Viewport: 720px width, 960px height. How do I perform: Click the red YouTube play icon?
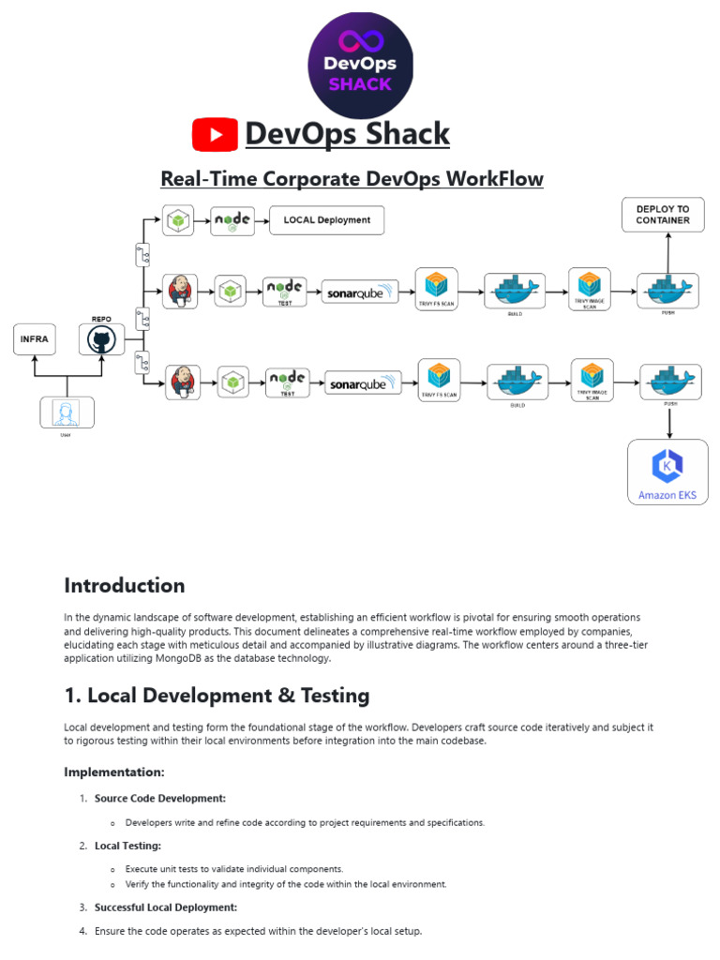pos(215,135)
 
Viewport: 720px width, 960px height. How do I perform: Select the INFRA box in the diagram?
pos(34,339)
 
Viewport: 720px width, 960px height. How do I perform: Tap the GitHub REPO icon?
pos(101,339)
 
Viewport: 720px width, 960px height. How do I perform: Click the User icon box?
pos(67,412)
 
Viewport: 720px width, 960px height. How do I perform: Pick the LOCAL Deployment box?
pos(326,220)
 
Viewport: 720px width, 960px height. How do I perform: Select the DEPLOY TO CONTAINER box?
pos(662,215)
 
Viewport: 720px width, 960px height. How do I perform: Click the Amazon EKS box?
pos(667,472)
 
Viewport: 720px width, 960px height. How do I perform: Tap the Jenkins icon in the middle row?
pos(179,291)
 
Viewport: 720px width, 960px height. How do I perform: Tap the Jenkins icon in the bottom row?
pos(184,382)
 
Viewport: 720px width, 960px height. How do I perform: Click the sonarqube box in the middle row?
pos(360,292)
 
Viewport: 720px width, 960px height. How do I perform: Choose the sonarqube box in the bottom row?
pos(364,382)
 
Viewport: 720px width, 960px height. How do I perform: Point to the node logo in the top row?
pos(232,221)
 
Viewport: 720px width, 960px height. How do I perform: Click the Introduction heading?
pos(124,586)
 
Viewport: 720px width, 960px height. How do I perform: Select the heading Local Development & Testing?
pos(217,696)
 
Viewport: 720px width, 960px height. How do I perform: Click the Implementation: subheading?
pos(113,772)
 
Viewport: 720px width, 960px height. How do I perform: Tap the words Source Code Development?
pos(159,798)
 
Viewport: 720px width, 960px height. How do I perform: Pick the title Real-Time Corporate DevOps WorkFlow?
pos(352,178)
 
